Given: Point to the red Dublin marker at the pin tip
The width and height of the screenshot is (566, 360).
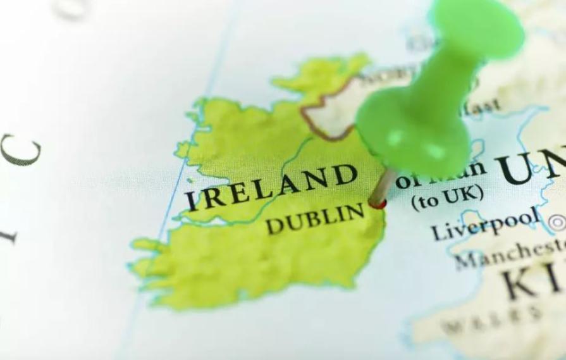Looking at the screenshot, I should [377, 203].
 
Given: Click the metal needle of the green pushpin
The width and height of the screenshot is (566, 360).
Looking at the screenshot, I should [383, 187].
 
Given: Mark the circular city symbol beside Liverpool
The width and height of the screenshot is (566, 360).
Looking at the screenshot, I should [557, 221].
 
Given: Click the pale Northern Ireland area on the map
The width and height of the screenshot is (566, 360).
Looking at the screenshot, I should [329, 114].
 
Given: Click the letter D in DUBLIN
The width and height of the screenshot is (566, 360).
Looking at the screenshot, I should [274, 226].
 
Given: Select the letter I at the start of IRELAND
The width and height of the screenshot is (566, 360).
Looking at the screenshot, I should [192, 202].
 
